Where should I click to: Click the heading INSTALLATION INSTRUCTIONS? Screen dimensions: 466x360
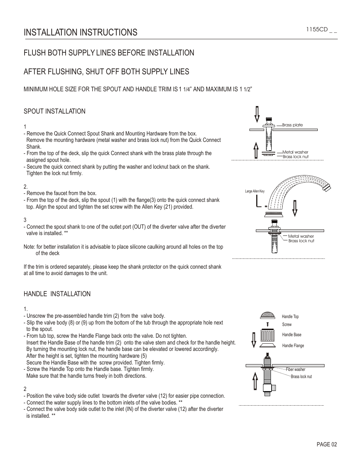80,32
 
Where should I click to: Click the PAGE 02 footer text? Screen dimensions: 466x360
326,444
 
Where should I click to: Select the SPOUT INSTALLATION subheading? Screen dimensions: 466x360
54,111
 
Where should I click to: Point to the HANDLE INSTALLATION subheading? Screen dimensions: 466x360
57,294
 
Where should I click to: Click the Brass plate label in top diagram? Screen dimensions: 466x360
292,125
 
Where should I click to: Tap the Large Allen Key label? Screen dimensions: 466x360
255,191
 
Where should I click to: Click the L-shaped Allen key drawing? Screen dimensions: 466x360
258,202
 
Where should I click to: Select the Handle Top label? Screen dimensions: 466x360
290,317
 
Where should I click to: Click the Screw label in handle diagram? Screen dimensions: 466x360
287,325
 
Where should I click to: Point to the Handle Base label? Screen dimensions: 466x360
292,335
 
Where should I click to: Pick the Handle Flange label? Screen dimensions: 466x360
293,346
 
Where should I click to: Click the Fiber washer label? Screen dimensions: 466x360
295,369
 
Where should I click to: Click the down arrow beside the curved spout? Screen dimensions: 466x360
295,207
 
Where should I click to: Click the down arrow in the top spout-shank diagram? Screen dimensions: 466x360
257,114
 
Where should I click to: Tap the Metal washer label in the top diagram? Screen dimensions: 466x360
295,152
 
